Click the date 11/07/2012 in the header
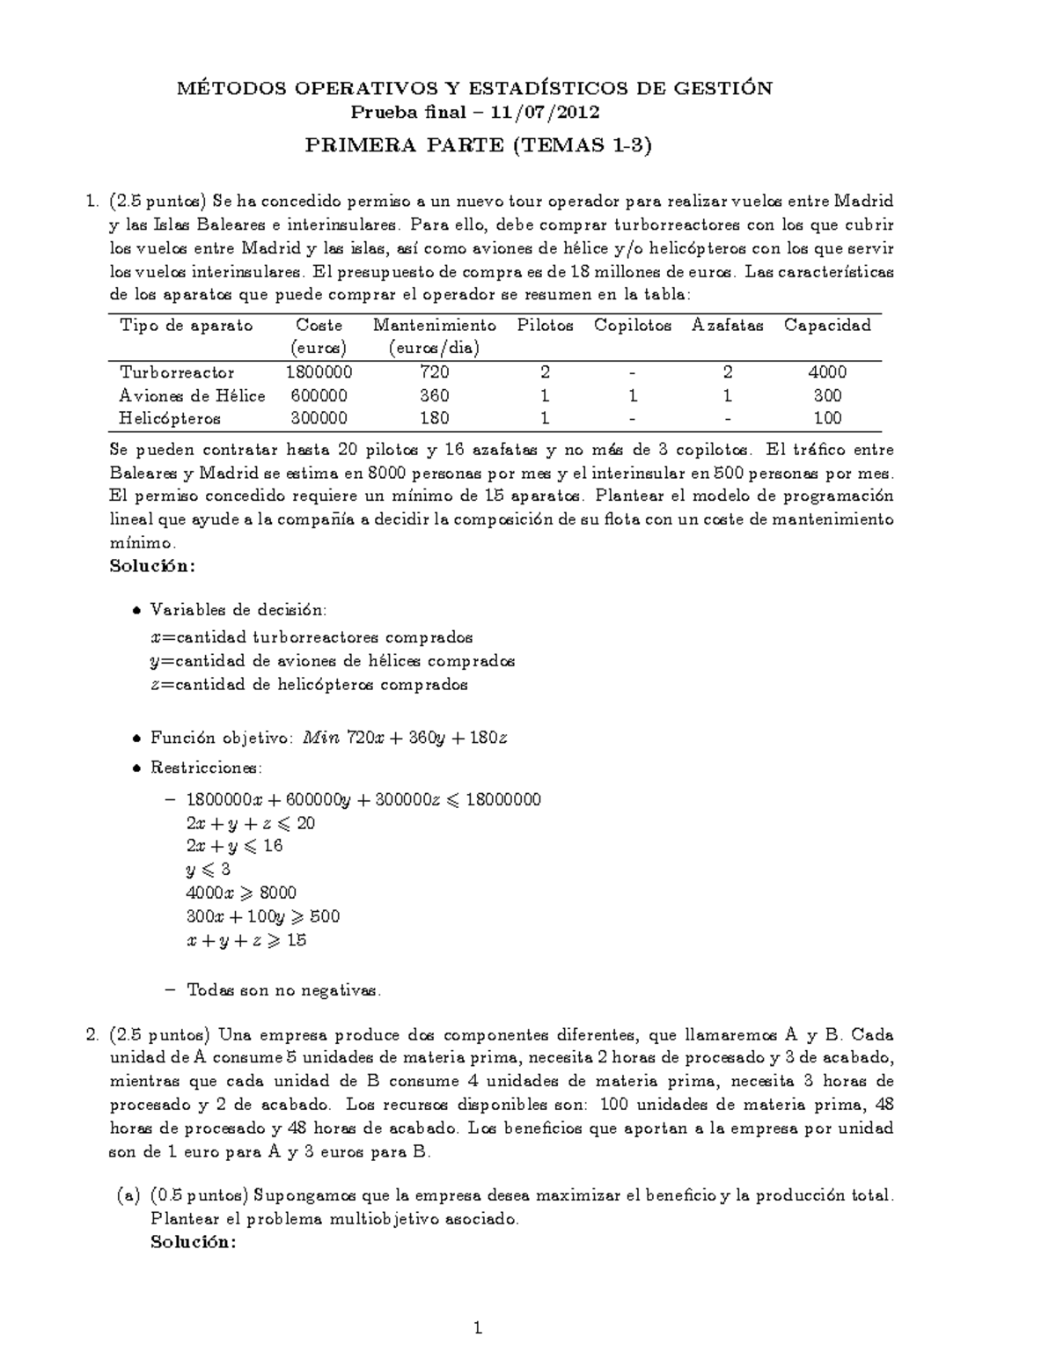point(546,112)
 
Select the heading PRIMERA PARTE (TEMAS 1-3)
point(478,145)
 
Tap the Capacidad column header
point(827,326)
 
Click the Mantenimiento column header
point(435,326)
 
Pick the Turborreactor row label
point(177,372)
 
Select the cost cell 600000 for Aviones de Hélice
point(317,395)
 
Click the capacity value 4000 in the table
point(827,372)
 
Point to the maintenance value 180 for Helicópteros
point(435,418)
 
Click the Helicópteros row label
point(170,418)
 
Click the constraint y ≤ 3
point(209,870)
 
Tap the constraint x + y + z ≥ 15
point(246,940)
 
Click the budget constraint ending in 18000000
point(363,799)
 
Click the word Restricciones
point(206,768)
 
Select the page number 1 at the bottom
point(478,1328)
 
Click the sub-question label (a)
point(128,1195)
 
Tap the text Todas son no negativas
point(283,990)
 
